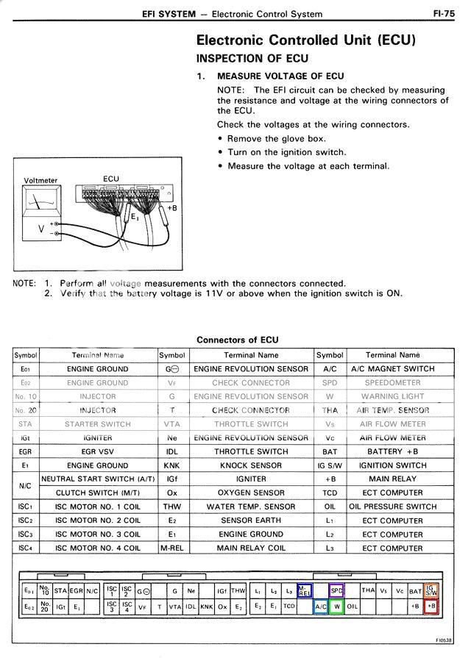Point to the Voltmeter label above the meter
(x=40, y=180)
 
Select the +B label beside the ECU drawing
(x=172, y=208)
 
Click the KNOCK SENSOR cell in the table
(x=251, y=465)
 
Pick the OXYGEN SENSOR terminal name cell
(x=251, y=493)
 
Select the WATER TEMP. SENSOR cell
(x=251, y=507)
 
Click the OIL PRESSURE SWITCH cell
(x=392, y=507)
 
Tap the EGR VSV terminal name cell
(x=98, y=451)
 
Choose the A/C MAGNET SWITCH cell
(x=392, y=369)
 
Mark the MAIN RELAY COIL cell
(x=251, y=548)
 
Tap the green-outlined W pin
(x=337, y=607)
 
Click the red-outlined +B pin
(x=432, y=607)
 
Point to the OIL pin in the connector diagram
(x=353, y=607)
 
